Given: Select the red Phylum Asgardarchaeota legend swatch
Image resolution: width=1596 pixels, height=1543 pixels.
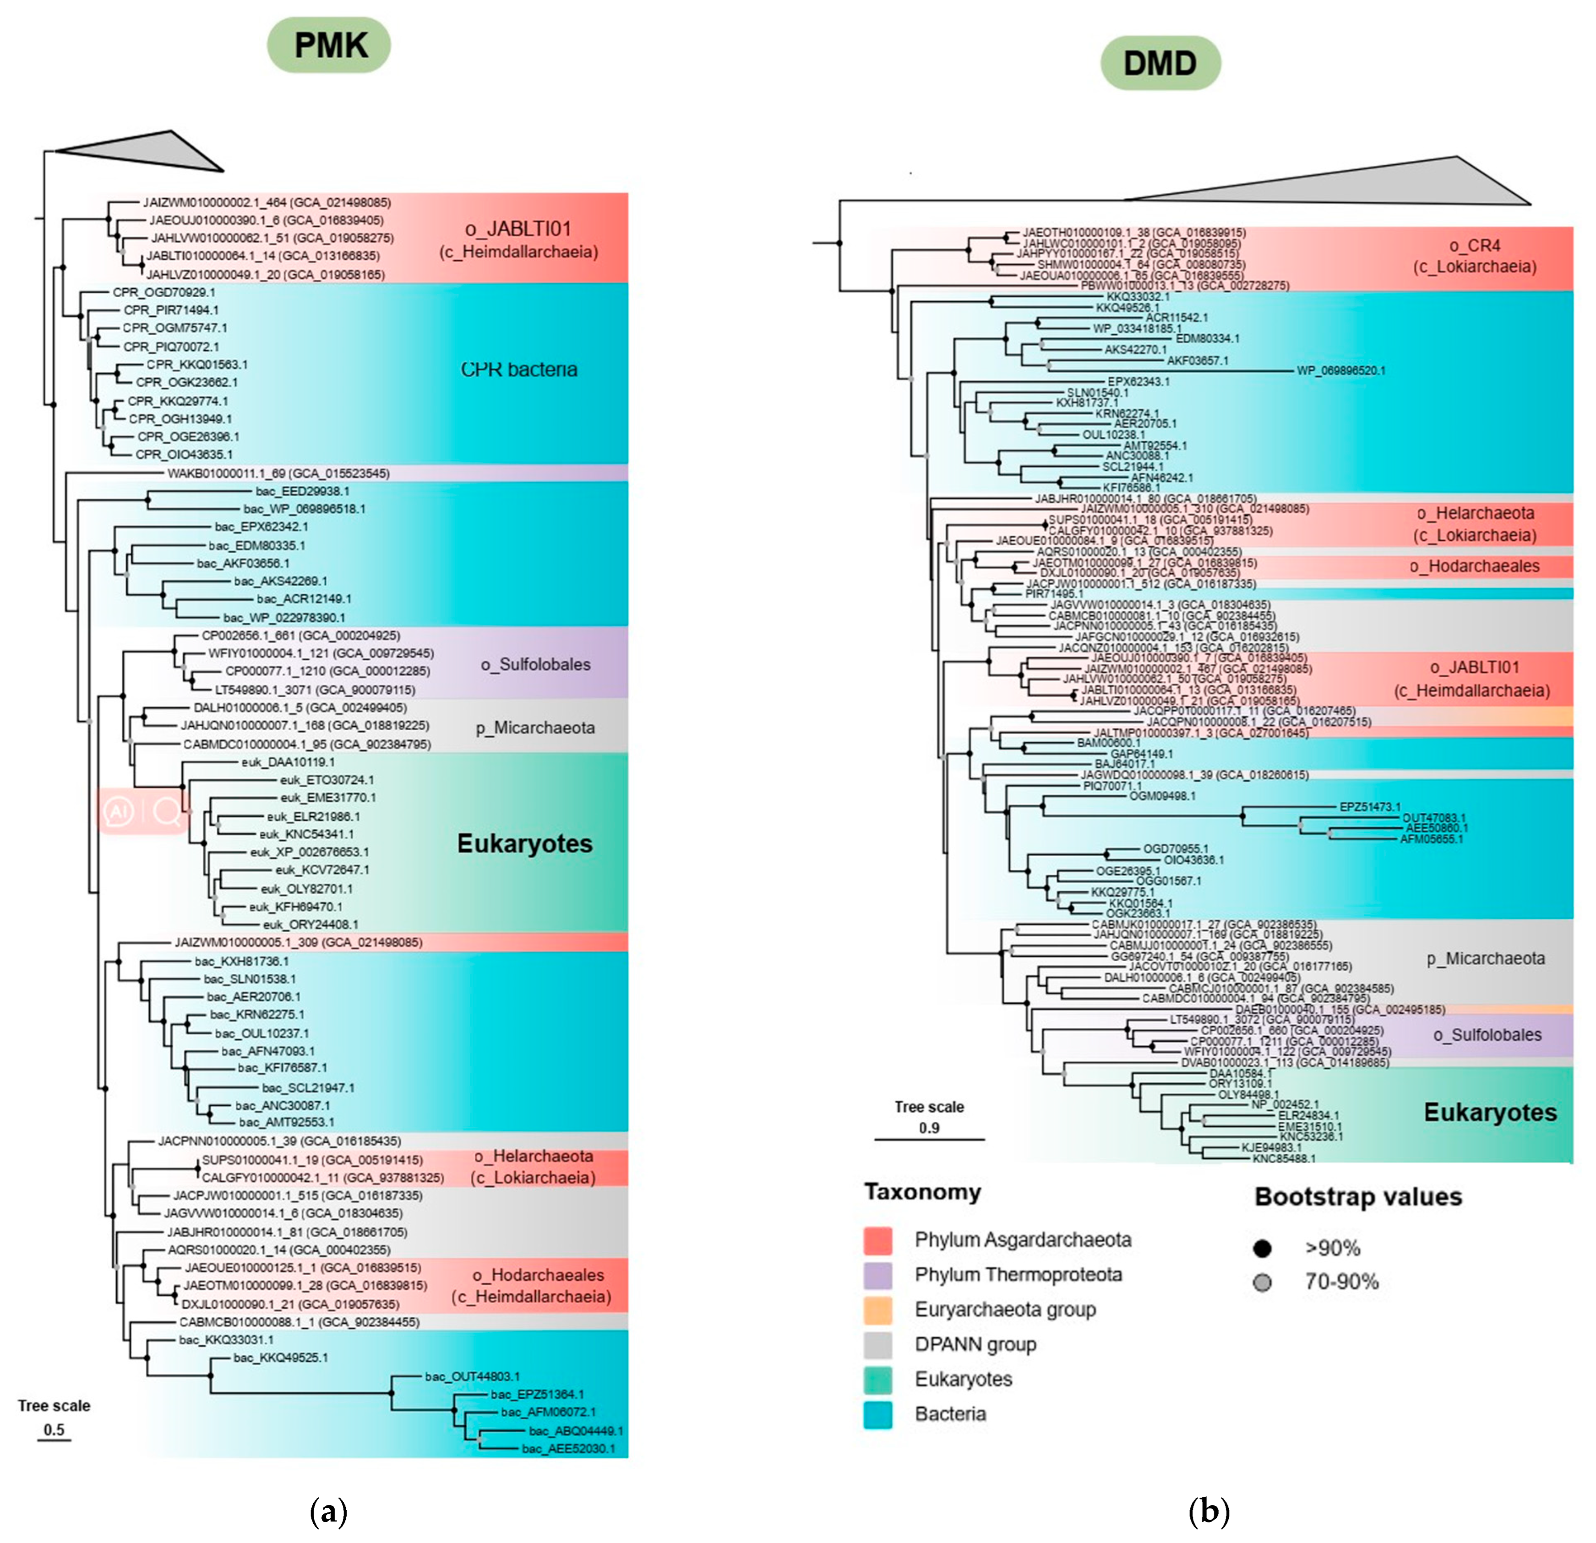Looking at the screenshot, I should (878, 1240).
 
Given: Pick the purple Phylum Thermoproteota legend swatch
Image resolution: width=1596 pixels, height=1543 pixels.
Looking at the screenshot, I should (878, 1275).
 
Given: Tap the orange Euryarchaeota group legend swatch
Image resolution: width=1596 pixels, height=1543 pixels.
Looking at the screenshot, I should (878, 1310).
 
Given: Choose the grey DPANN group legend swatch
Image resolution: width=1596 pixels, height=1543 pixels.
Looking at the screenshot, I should (878, 1345).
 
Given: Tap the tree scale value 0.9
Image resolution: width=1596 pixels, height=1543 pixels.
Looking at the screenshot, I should (929, 1128).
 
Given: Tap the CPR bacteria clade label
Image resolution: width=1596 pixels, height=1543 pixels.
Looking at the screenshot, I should (519, 369).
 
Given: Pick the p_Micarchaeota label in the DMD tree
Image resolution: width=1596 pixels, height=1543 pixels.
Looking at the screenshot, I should (1485, 958).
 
